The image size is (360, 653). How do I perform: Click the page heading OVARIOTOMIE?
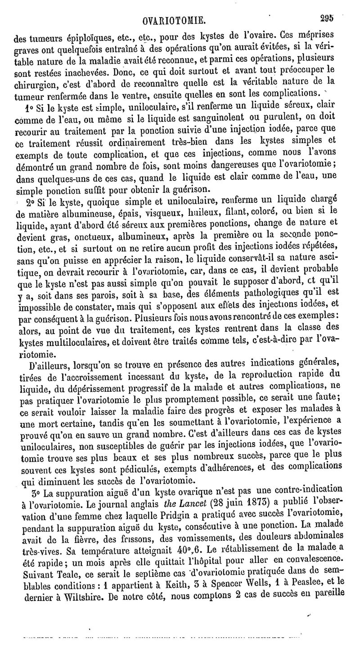tap(173, 20)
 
